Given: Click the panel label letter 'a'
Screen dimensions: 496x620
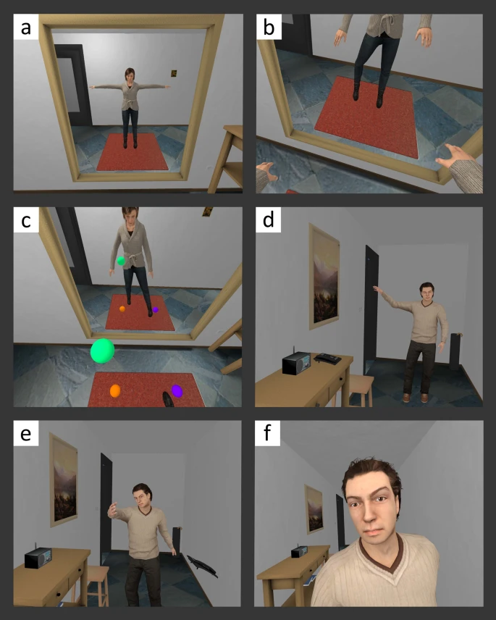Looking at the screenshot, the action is tap(25, 28).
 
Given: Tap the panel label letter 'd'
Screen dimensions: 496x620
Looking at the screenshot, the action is tap(269, 219).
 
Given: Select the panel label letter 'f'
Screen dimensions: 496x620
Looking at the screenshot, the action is tap(268, 432).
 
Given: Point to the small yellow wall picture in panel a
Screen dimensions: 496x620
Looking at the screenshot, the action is tap(174, 73).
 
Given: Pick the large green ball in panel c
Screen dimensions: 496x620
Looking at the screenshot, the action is tap(102, 351).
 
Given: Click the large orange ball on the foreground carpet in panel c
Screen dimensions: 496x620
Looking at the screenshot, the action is tap(115, 390).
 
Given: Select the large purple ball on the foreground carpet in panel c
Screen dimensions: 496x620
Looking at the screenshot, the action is tap(177, 390).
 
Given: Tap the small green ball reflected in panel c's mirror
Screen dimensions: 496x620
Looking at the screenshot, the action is tap(121, 261).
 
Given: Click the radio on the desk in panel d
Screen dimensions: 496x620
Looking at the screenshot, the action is tap(296, 363).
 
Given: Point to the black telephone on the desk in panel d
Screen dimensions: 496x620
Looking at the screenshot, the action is tap(327, 359).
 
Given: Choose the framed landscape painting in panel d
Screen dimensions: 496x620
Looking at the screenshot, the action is tap(324, 277).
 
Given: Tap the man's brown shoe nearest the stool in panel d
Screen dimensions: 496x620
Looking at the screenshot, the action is tap(406, 398).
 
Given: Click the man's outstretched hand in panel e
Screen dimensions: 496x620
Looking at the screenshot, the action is tap(113, 510).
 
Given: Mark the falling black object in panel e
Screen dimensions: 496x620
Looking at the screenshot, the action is tap(202, 566).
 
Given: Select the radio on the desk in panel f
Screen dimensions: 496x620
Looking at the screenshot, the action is tap(299, 552).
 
